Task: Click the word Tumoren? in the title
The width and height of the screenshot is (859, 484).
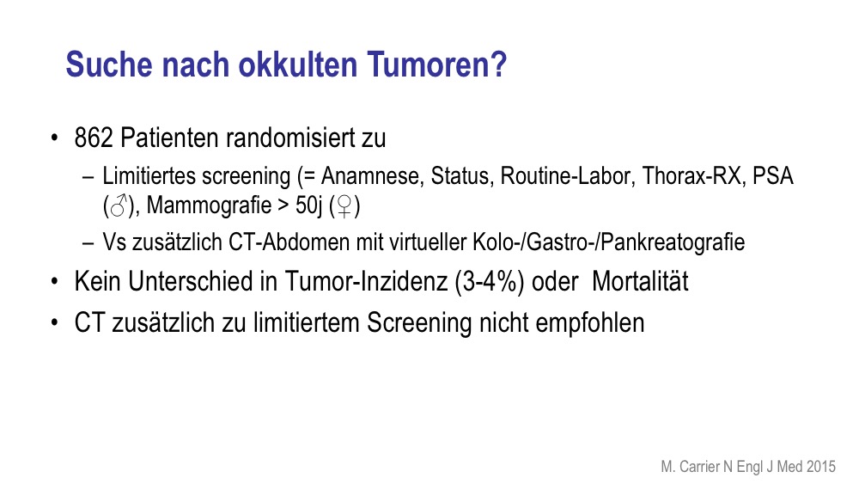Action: (436, 64)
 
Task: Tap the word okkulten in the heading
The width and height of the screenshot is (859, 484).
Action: (298, 64)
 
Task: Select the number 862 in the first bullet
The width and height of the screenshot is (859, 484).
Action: (94, 138)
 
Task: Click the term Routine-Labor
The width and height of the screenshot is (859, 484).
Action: (568, 176)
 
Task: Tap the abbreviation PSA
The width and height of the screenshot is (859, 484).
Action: (773, 176)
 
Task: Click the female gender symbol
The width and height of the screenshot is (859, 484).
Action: (344, 206)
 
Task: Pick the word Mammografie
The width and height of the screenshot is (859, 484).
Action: (209, 205)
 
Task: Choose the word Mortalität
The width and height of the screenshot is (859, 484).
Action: (640, 281)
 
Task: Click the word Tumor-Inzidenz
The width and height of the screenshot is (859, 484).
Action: (366, 281)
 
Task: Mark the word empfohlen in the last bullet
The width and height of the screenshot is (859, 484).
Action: (590, 323)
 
